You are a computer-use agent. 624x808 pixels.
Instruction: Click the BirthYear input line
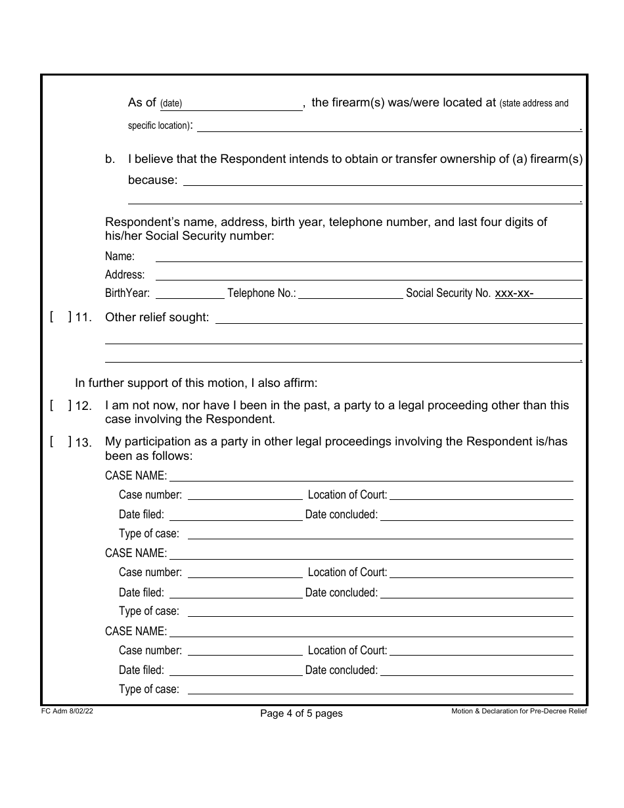tap(189, 293)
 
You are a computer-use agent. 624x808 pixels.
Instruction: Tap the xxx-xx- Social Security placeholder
tap(514, 294)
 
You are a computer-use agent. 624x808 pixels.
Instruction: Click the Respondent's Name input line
tap(368, 256)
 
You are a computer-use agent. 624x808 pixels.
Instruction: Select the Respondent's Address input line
tap(368, 275)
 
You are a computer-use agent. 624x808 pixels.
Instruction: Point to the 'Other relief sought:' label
tap(157, 317)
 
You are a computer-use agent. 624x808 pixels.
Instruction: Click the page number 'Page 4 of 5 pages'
tap(301, 713)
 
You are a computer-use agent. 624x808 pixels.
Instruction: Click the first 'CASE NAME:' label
tap(136, 476)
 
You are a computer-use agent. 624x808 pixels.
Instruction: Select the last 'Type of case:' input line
tap(380, 689)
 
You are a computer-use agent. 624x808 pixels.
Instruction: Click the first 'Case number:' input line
tap(244, 495)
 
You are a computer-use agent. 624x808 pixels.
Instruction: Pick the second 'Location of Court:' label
tap(347, 572)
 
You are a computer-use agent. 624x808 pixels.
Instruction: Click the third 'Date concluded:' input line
tap(476, 670)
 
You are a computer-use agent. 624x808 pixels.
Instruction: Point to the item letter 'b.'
tap(110, 159)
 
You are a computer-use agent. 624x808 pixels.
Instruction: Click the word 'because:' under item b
tap(152, 180)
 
